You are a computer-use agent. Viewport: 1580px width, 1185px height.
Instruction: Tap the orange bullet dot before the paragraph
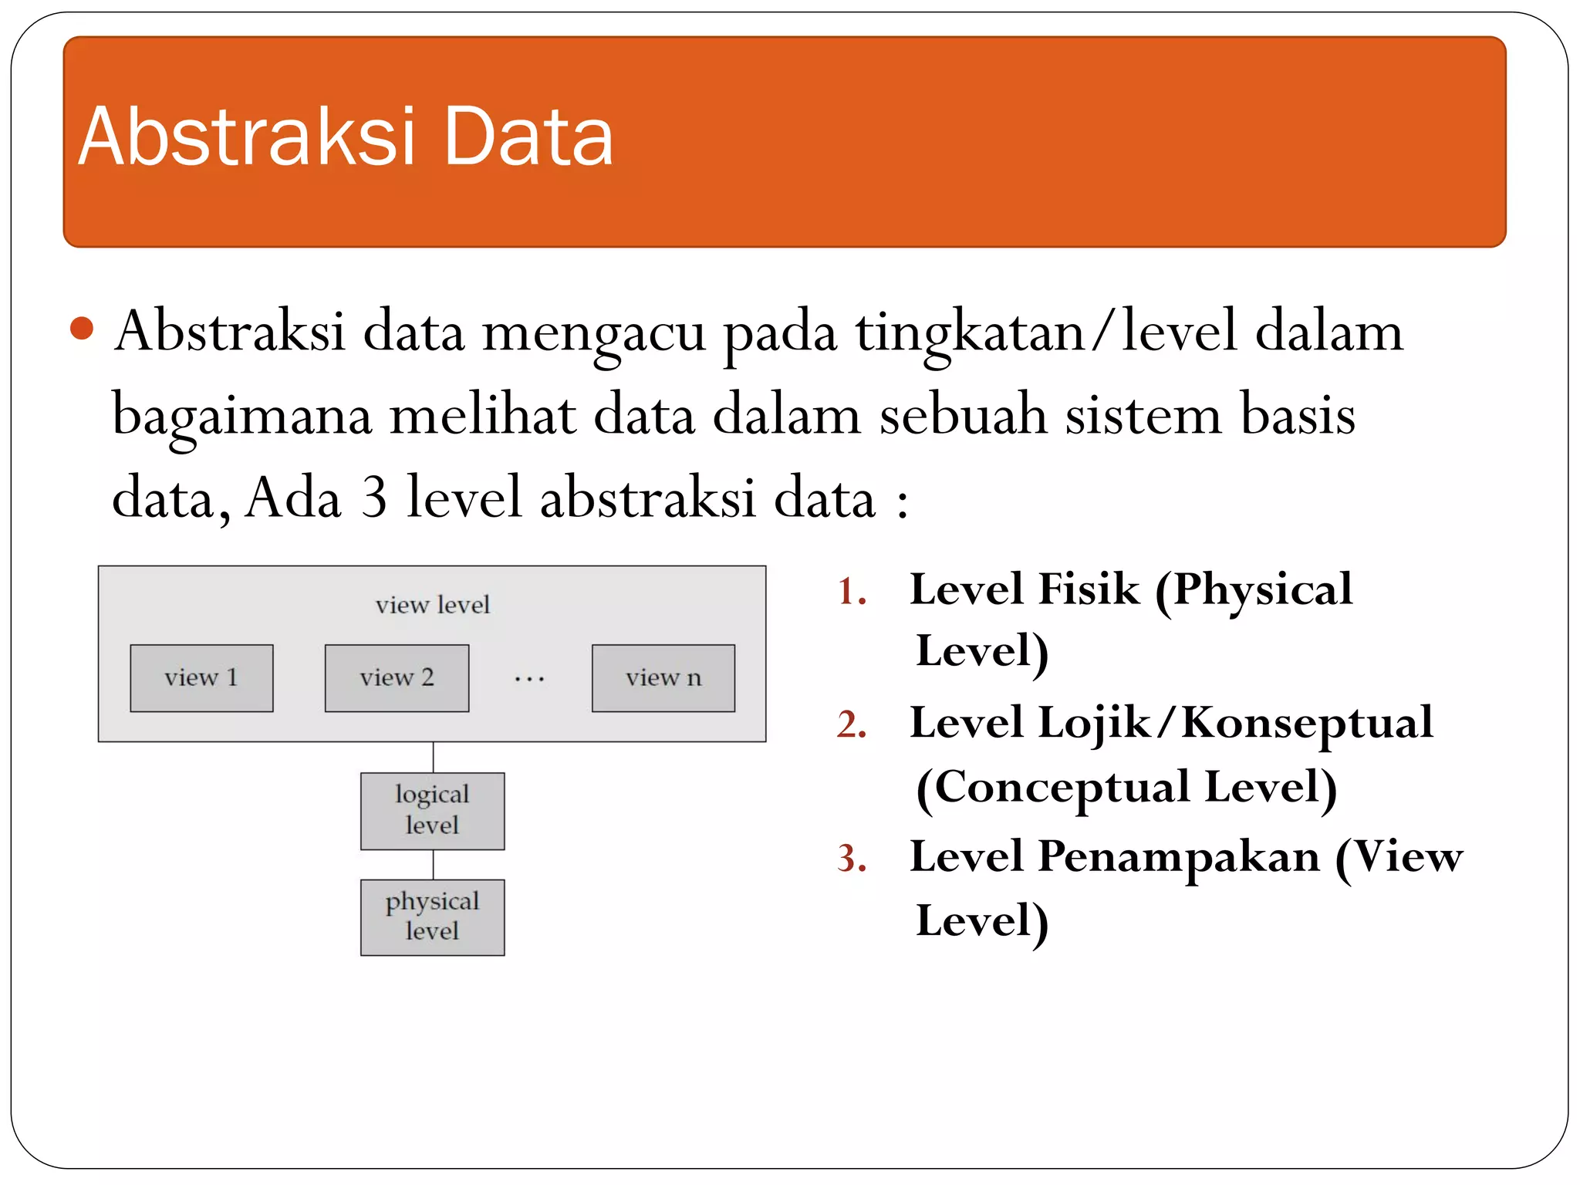coord(81,329)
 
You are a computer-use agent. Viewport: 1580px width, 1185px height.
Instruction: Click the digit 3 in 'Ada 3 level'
coord(373,498)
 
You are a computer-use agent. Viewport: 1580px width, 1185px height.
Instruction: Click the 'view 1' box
coord(201,678)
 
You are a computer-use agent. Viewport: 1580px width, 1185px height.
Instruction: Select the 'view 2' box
coord(397,678)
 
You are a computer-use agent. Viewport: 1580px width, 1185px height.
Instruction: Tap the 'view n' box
coord(663,678)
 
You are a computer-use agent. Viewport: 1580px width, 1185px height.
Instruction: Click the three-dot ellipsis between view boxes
coord(529,680)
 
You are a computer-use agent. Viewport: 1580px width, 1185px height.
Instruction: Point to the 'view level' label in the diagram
coord(432,605)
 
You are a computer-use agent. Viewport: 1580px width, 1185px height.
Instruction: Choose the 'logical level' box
coord(432,811)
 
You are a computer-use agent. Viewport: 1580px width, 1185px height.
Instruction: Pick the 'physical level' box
coord(432,917)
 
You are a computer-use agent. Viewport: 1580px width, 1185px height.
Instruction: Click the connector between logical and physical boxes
coord(433,865)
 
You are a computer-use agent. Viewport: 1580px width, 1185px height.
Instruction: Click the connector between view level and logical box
coord(433,758)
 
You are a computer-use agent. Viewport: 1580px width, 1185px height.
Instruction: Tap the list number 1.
coord(851,592)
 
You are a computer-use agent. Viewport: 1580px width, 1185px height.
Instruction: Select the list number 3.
coord(851,859)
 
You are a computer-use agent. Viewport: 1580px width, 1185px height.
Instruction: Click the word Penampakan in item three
coord(1178,857)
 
